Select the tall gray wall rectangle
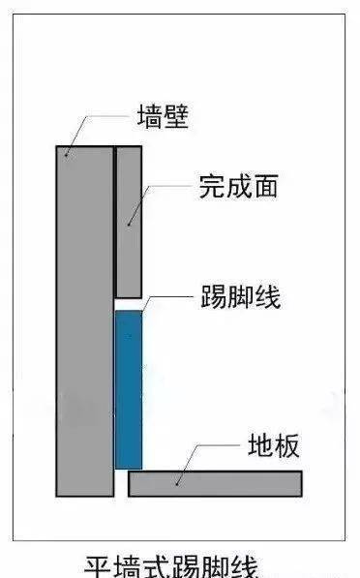click(85, 319)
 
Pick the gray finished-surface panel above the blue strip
click(129, 221)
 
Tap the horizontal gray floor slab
click(215, 482)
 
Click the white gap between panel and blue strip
click(129, 303)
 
